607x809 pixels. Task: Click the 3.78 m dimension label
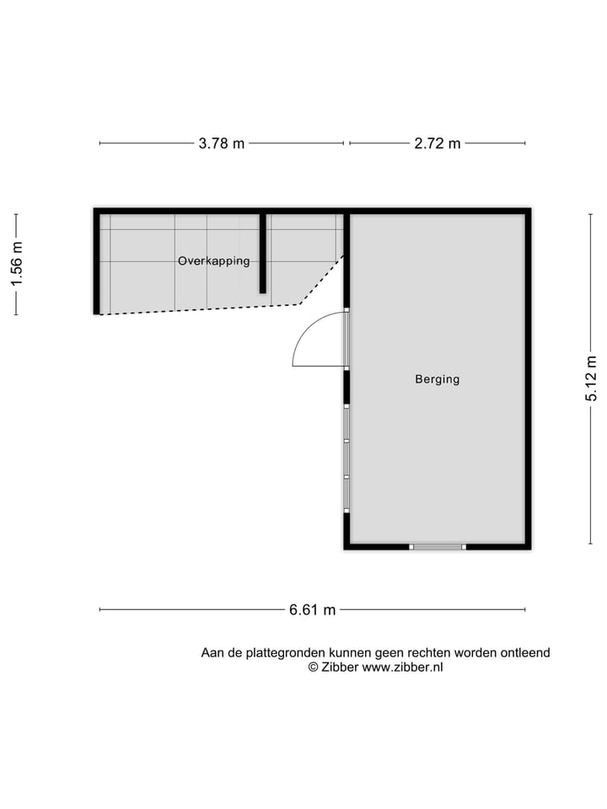click(x=222, y=143)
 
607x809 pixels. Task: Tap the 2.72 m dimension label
click(x=438, y=143)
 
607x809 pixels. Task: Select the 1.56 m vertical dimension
click(x=16, y=265)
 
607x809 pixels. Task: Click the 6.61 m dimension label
click(x=313, y=610)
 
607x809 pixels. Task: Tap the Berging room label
click(x=437, y=379)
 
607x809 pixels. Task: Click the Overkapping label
click(x=213, y=261)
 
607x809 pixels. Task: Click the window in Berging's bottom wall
click(x=438, y=547)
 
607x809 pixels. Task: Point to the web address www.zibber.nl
click(x=402, y=667)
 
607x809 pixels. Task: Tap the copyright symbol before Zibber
click(x=313, y=667)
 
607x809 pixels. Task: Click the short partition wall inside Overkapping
click(x=263, y=253)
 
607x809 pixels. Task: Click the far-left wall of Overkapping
click(x=97, y=261)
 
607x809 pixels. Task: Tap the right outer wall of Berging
click(x=528, y=379)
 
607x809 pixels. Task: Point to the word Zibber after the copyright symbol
click(x=340, y=667)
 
